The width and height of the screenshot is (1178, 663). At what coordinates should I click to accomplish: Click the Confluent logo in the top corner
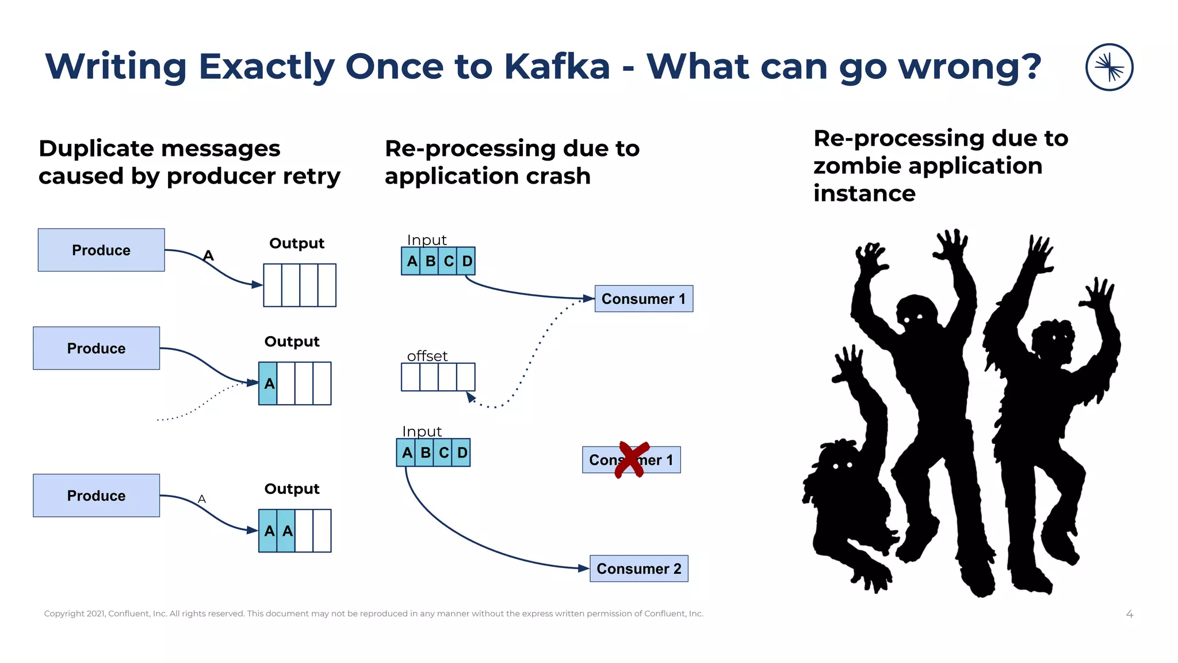click(x=1109, y=67)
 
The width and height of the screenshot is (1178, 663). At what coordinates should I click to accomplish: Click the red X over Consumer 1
click(x=632, y=459)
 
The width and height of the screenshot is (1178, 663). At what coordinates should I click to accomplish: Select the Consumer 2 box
click(x=638, y=569)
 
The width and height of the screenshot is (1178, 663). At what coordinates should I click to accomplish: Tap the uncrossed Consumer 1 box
click(x=643, y=299)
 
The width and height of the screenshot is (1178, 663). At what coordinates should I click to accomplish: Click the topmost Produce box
click(x=101, y=250)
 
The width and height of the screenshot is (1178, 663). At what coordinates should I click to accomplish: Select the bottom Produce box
click(x=96, y=496)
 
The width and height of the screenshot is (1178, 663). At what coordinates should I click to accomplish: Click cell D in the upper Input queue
click(x=466, y=261)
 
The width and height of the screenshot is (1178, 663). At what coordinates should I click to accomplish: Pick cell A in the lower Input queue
click(x=407, y=452)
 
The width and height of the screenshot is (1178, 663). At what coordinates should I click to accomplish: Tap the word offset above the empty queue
click(x=427, y=356)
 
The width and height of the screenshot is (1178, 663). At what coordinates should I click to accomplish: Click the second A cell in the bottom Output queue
click(x=287, y=531)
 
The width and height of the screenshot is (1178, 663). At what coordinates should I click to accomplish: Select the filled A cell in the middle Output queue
click(x=269, y=383)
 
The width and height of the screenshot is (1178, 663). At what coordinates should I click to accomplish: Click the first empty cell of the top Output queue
click(x=273, y=285)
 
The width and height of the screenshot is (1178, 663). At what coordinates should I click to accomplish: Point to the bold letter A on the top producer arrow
click(x=208, y=256)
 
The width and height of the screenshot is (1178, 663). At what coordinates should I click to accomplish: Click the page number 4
click(x=1129, y=614)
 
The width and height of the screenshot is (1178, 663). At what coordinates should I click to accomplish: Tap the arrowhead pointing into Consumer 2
click(x=583, y=568)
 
